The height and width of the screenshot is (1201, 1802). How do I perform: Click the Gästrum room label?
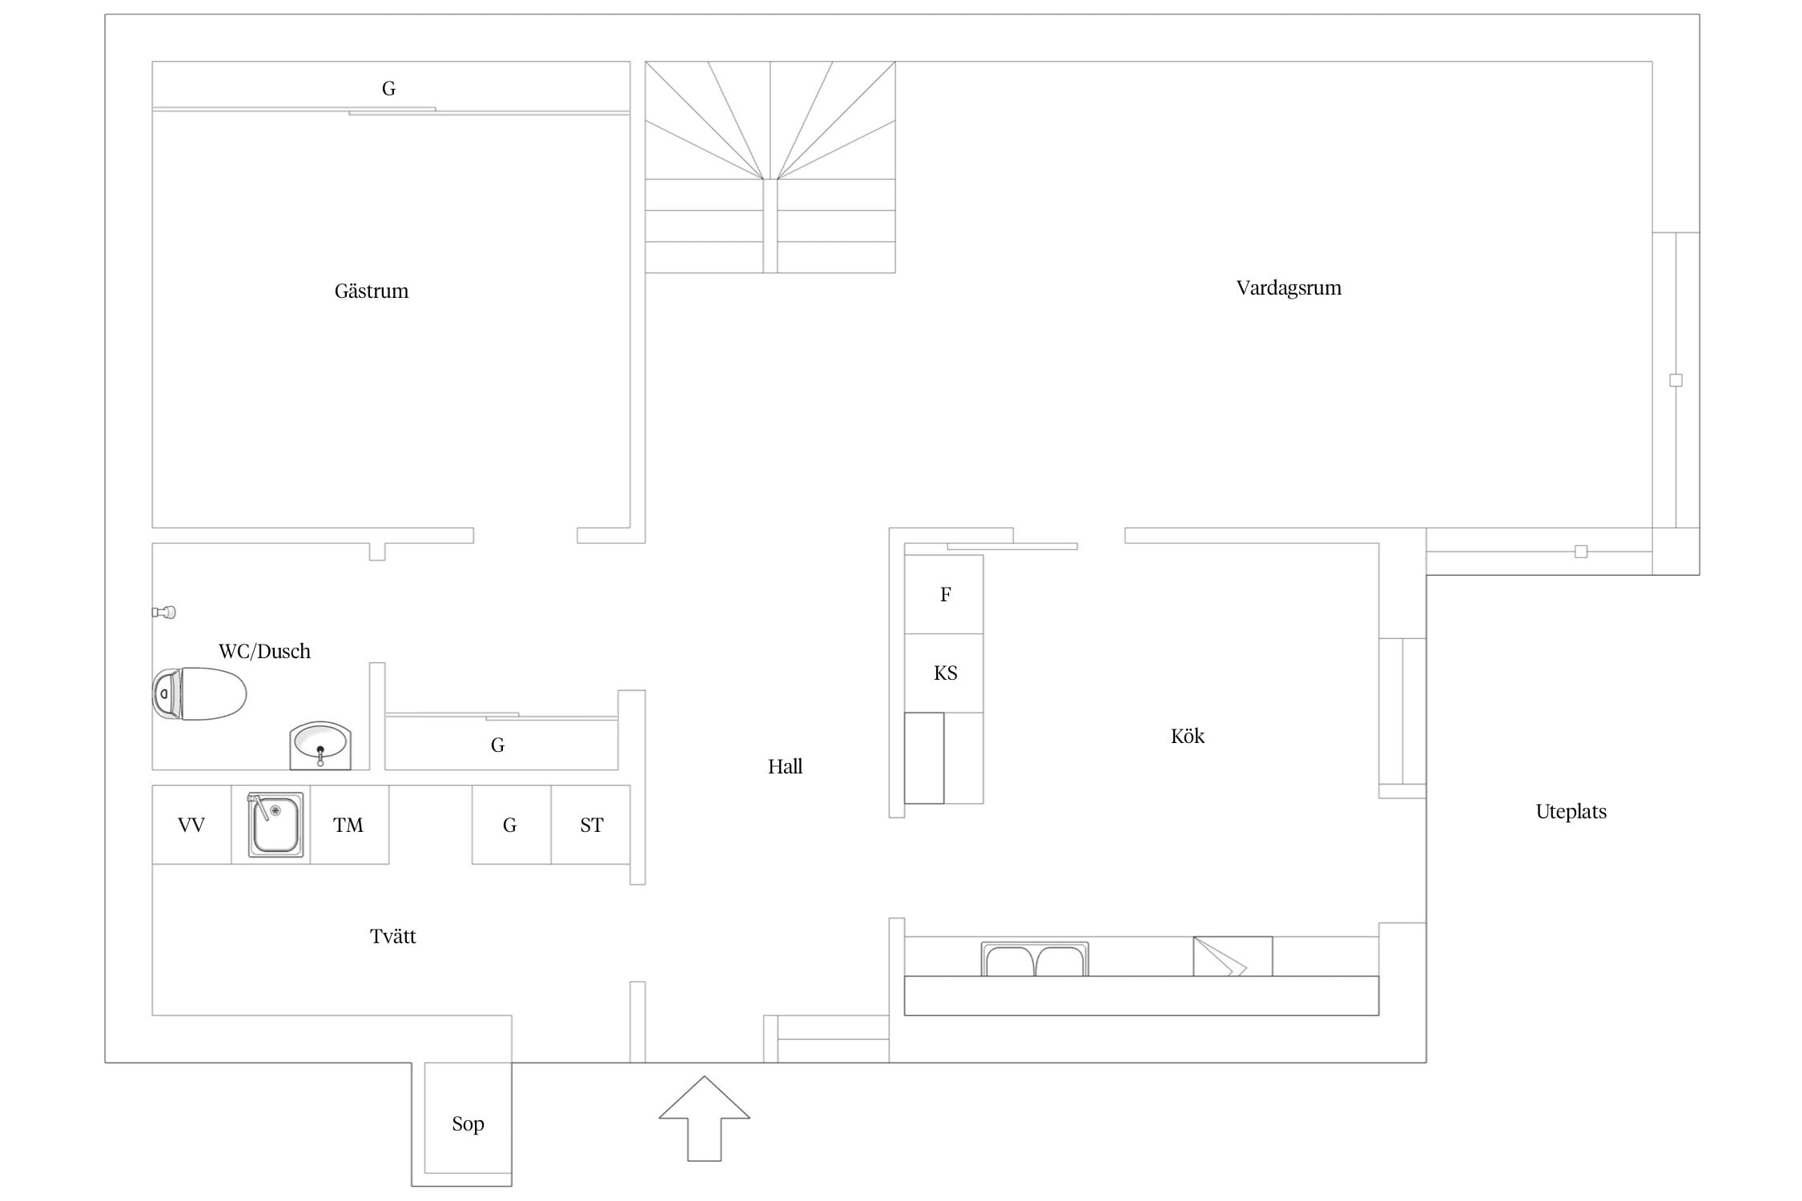372,291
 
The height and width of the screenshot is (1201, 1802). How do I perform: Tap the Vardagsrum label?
1289,288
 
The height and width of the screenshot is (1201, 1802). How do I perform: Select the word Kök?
1188,736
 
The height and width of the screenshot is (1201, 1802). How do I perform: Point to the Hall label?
785,766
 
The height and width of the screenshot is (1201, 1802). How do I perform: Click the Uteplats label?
1571,812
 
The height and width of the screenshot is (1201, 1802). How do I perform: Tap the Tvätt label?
393,936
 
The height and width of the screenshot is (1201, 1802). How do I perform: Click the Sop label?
469,1124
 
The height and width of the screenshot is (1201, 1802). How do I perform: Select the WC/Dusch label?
264,651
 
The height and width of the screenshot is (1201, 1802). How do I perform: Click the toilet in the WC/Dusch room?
199,693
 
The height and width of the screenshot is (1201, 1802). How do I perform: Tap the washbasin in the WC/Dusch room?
320,745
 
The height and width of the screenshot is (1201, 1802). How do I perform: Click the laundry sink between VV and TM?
276,825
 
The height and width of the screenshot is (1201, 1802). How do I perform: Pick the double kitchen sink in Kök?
1035,959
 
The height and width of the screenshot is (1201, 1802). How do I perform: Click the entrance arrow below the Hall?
705,1118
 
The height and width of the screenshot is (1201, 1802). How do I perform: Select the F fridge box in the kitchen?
944,594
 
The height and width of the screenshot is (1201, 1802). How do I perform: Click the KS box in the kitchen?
944,673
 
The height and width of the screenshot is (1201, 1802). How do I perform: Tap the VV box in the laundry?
192,825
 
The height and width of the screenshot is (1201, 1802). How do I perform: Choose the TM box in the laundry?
349,825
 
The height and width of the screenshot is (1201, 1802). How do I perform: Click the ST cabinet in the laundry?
591,825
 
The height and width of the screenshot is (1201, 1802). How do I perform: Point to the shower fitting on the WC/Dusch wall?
163,613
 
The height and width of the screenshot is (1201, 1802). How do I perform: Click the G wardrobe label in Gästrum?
388,89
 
